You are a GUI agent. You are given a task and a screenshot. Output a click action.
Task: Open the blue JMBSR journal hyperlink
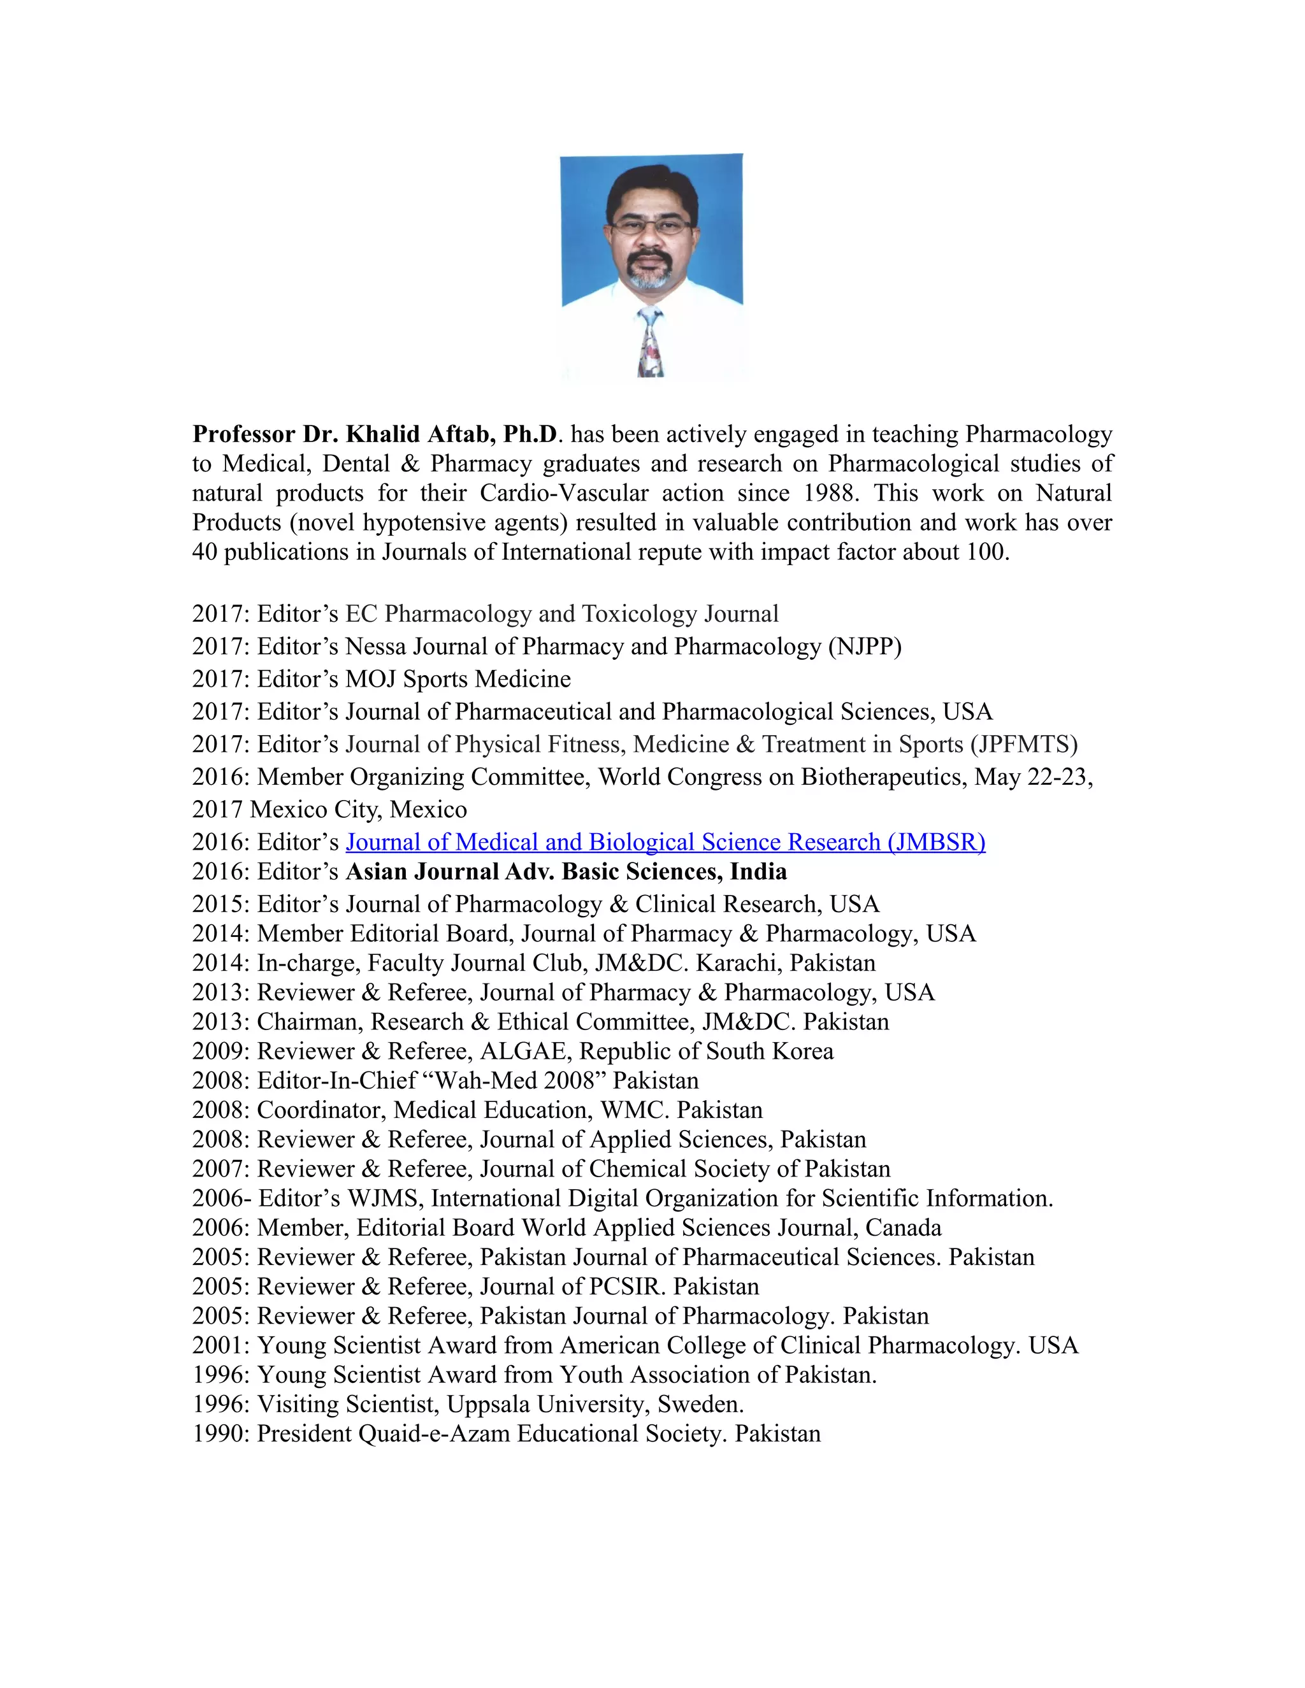pyautogui.click(x=665, y=841)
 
